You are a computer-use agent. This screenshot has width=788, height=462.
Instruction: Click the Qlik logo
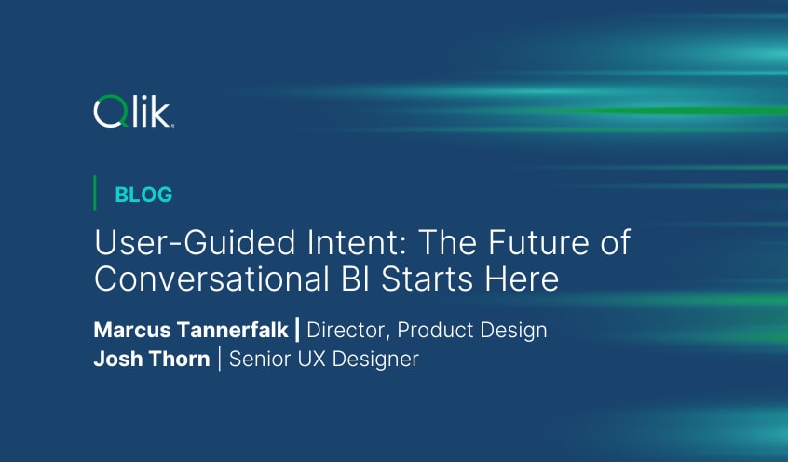134,113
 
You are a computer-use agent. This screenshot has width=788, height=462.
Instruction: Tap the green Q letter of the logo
108,114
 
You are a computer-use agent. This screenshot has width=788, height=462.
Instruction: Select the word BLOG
143,195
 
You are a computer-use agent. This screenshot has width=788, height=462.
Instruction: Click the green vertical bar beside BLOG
95,193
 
